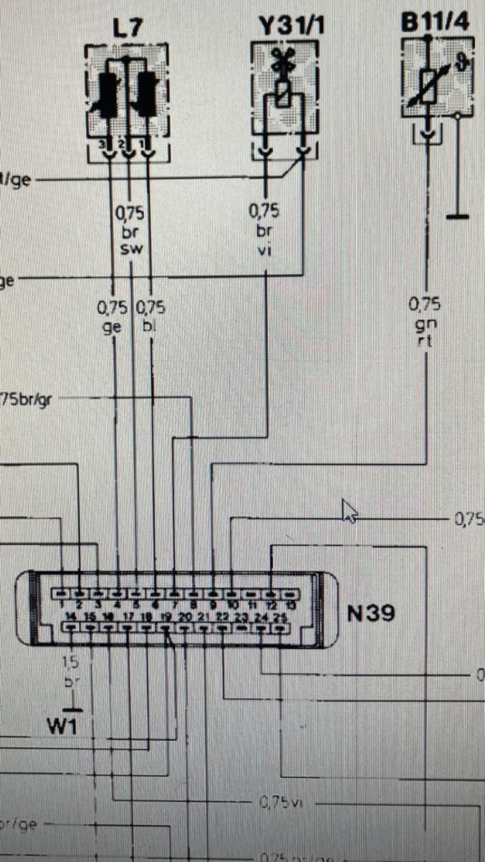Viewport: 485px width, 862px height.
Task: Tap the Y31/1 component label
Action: pos(291,25)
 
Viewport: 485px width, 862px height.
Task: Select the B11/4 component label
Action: pos(435,22)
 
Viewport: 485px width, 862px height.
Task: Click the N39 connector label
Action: pos(371,613)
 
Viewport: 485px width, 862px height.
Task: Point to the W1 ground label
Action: pos(62,726)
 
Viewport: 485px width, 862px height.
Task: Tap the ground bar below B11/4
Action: pos(458,217)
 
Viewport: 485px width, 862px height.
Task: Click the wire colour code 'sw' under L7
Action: pos(131,249)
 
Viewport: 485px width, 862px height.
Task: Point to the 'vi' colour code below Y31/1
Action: pos(264,250)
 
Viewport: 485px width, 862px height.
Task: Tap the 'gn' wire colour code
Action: pos(425,323)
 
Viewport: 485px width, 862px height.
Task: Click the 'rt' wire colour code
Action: pos(425,340)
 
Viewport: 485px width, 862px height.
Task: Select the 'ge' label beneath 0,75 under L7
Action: pos(112,326)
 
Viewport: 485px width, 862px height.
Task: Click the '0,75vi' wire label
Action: pos(281,802)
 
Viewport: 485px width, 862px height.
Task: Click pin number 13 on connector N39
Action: pos(292,606)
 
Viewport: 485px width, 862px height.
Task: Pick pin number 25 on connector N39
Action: pos(280,617)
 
